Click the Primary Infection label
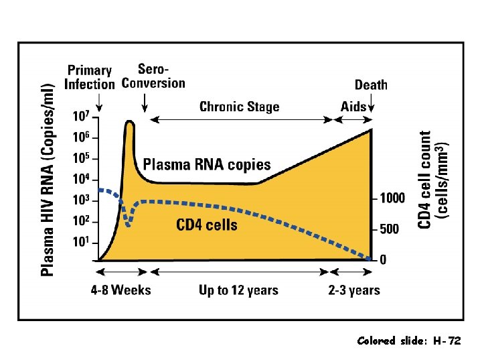[90, 77]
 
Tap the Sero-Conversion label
[153, 76]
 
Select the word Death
[371, 84]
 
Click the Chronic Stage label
[240, 107]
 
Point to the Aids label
[353, 107]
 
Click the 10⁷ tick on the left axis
[80, 117]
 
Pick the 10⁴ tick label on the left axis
[80, 179]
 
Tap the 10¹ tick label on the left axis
[80, 241]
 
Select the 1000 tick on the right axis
[393, 198]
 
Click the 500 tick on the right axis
[390, 229]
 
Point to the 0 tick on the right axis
[383, 260]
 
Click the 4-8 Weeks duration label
[122, 290]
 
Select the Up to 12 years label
[238, 290]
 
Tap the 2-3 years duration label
[354, 290]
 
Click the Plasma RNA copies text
[207, 164]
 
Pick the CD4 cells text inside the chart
[207, 225]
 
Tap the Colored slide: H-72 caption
[409, 341]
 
